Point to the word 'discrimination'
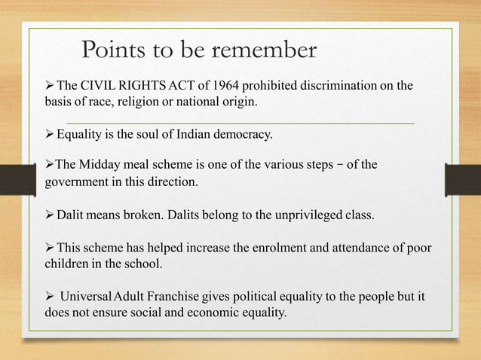(x=343, y=85)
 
